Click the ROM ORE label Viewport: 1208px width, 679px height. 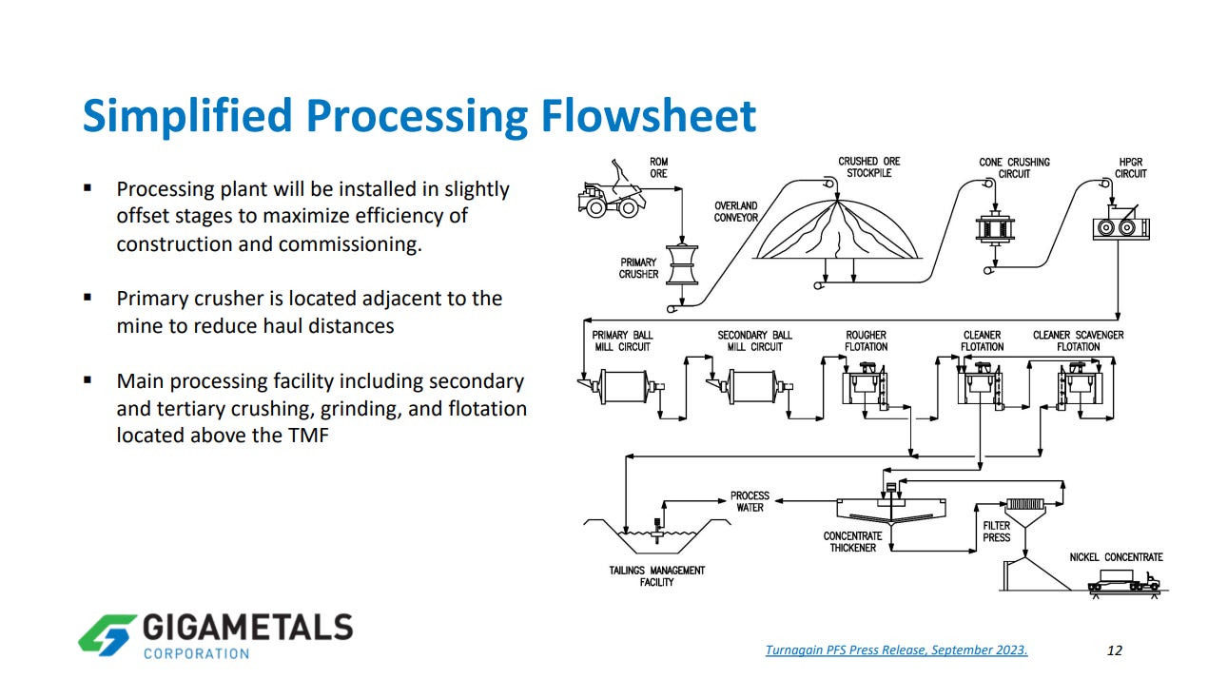(658, 167)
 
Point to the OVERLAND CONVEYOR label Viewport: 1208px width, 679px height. (736, 211)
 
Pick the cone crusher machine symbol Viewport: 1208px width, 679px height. (995, 229)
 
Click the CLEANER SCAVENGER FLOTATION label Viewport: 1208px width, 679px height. (1078, 340)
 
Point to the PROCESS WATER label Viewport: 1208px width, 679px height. (750, 501)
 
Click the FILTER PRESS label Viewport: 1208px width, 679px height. (996, 531)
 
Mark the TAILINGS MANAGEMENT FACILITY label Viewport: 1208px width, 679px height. (657, 575)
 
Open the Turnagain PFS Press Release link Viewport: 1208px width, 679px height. (896, 650)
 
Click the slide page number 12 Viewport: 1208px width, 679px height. (1115, 650)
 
